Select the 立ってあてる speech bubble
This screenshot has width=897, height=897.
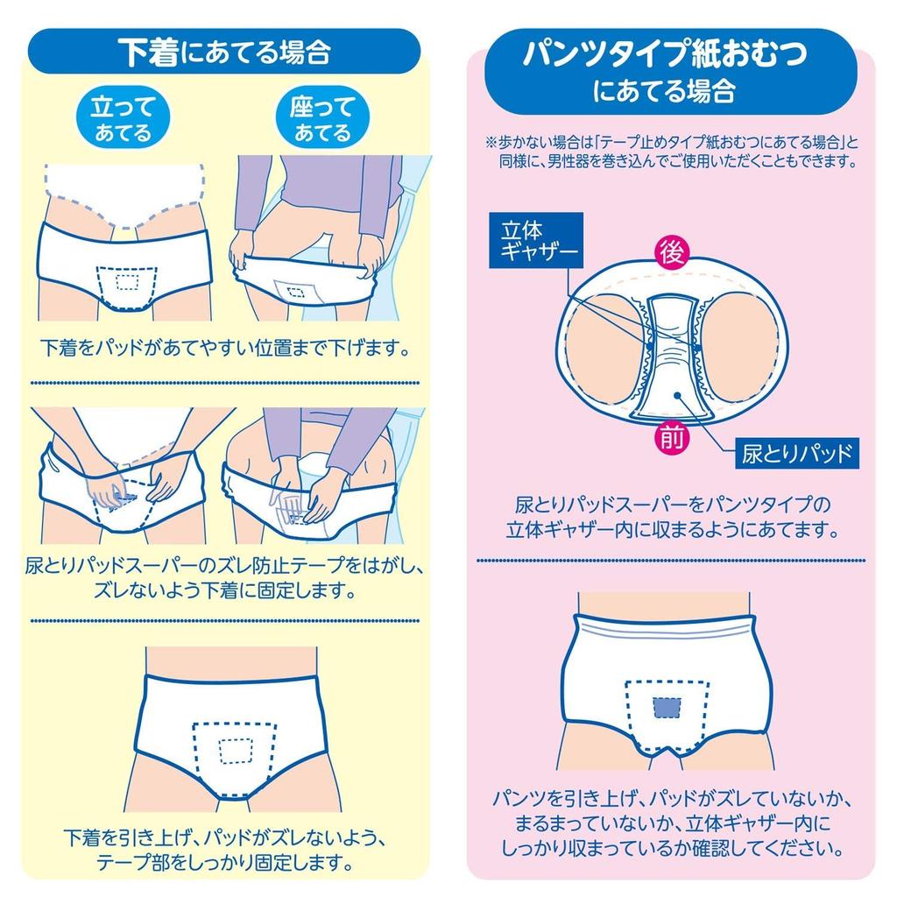pos(123,119)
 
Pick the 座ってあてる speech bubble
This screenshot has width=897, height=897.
pos(321,119)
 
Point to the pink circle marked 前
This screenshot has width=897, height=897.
pos(673,438)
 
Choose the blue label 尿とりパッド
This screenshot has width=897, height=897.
pos(796,454)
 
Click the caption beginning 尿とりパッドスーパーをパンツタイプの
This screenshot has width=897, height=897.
pos(672,518)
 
